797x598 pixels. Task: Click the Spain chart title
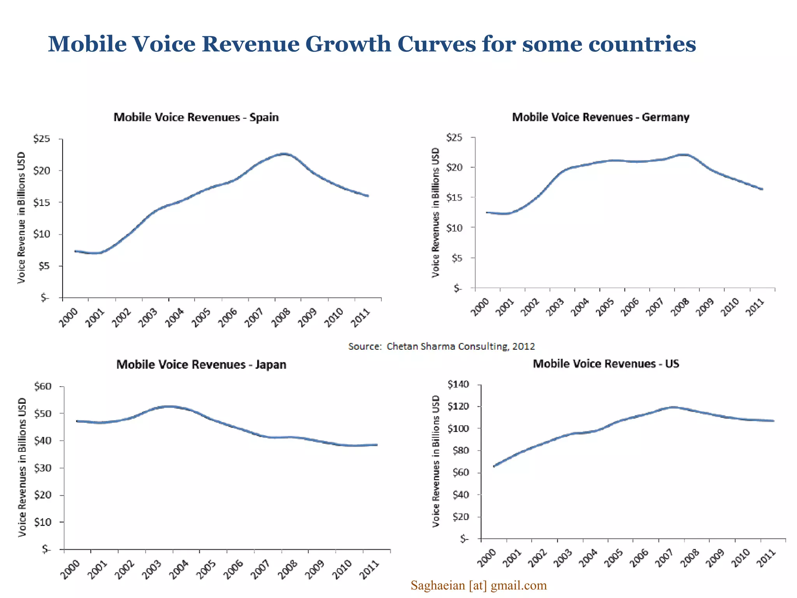coord(196,117)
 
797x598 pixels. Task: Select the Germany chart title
coord(600,117)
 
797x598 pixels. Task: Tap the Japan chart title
coord(201,364)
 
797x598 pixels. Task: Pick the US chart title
coord(606,364)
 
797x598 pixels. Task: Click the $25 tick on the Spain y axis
coord(42,139)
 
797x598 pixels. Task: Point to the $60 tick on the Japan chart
coord(42,386)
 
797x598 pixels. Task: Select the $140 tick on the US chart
coord(458,384)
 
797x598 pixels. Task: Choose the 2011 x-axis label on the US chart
coord(766,558)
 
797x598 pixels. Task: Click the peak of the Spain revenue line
coord(285,154)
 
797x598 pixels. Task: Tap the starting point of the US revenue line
coord(494,466)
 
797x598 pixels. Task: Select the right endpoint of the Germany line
coord(762,189)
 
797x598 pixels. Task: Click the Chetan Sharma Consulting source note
coord(441,346)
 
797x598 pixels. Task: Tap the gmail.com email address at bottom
coord(479,585)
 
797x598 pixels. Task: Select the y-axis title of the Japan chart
coord(22,467)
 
